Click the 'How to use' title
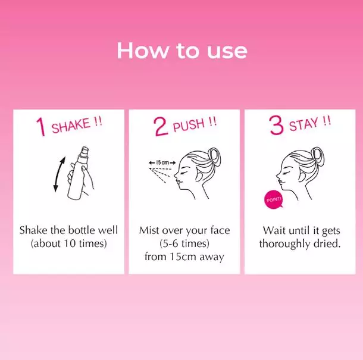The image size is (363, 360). click(182, 50)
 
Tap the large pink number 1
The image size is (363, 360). click(41, 127)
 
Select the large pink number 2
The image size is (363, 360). click(161, 126)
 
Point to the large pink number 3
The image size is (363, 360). click(277, 125)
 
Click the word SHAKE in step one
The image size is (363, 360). click(71, 126)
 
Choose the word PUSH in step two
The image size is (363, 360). click(189, 125)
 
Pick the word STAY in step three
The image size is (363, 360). click(303, 124)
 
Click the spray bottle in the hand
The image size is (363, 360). click(78, 173)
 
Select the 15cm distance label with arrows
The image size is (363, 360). click(162, 162)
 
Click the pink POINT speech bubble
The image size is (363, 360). click(274, 199)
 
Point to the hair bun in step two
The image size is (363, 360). click(214, 156)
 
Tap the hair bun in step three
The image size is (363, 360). click(317, 156)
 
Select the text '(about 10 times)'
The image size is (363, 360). click(69, 243)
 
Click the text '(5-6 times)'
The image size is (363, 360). click(184, 243)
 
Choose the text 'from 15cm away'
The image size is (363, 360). click(184, 256)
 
